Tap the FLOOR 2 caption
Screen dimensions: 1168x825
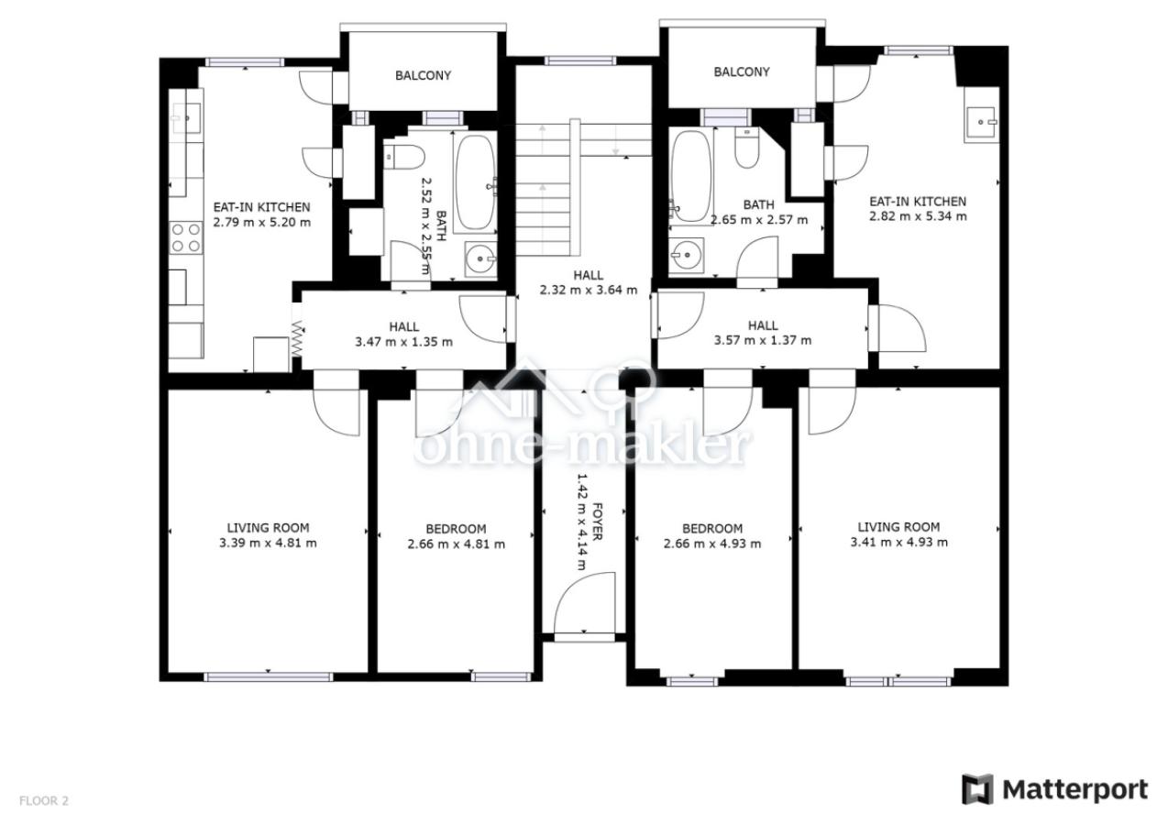click(x=44, y=800)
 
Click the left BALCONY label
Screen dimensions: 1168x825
click(x=423, y=75)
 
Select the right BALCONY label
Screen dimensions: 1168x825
click(x=742, y=72)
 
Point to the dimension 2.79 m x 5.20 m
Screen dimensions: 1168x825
click(x=262, y=223)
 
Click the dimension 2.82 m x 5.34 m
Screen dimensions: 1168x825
click(x=918, y=216)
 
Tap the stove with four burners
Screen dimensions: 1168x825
click(x=186, y=237)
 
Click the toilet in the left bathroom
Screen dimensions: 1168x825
click(x=404, y=157)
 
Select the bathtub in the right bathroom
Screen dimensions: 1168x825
click(x=689, y=176)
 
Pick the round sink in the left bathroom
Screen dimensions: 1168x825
click(x=480, y=258)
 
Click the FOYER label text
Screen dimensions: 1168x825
click(x=598, y=522)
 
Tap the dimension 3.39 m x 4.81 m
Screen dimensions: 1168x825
click(x=268, y=543)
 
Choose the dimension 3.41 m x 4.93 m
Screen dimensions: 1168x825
click(x=899, y=542)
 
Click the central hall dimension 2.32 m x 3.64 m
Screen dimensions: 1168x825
click(x=589, y=290)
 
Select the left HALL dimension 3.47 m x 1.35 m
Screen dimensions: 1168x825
click(x=403, y=342)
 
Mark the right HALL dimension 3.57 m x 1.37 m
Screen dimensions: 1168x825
click(x=763, y=340)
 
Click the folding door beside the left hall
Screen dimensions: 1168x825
click(x=297, y=339)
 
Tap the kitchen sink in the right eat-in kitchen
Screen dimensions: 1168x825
click(x=980, y=122)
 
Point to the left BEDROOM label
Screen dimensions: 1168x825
click(x=456, y=529)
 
